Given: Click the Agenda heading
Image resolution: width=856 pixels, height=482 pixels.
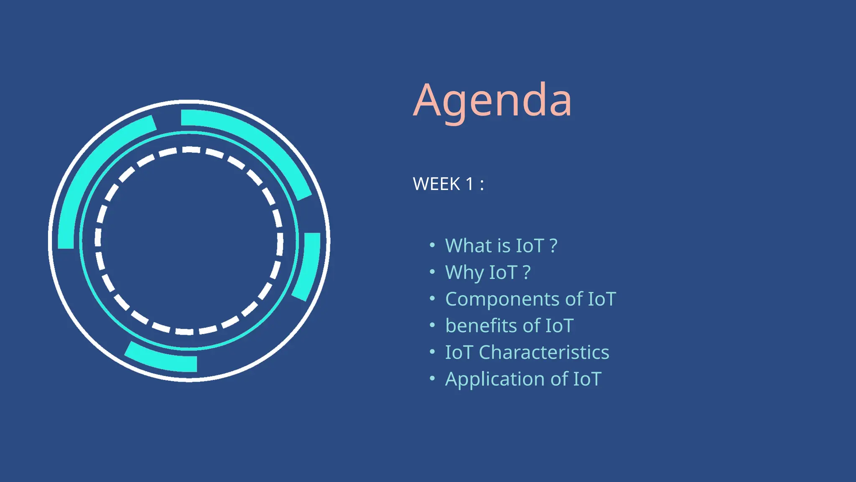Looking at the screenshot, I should coord(492,100).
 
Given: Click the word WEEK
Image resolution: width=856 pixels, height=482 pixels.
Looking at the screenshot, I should coord(436,184).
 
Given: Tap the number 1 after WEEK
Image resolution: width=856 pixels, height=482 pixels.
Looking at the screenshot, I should coord(469,184).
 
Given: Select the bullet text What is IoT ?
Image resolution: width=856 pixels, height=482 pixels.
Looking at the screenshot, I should coord(501,246).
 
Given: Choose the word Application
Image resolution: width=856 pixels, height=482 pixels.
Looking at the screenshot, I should coord(494,379).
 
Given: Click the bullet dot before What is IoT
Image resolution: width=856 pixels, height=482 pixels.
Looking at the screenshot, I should coord(432,245).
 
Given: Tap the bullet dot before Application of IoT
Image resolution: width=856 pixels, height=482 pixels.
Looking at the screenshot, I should coord(432,378).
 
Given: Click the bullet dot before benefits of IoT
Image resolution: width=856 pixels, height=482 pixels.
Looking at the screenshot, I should coord(432,325).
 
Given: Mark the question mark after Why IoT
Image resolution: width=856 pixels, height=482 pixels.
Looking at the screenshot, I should coord(527,272).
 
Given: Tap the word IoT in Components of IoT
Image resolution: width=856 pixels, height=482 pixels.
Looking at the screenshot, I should coord(602,299).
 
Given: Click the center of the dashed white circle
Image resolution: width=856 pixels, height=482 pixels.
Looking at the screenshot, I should coord(189,241).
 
